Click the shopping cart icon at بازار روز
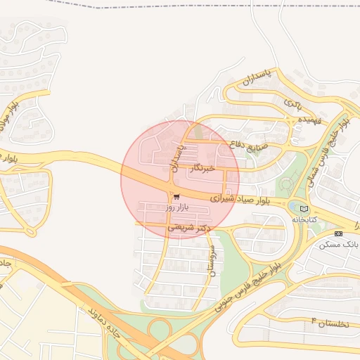click(176, 197)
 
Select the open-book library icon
click(304, 209)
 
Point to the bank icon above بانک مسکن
click(339, 233)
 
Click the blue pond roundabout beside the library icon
click(292, 207)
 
